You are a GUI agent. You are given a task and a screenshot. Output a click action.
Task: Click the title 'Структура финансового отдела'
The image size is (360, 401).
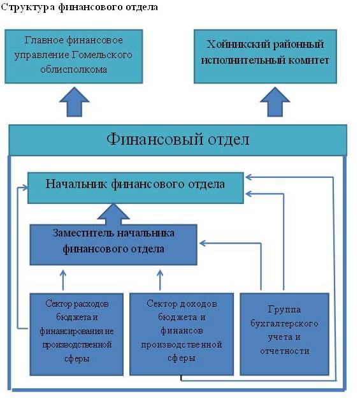coord(79,7)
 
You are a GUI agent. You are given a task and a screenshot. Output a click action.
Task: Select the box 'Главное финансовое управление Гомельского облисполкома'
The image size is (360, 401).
coord(74,57)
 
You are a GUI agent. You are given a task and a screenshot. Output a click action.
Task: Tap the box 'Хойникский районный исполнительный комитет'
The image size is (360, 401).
coord(265,57)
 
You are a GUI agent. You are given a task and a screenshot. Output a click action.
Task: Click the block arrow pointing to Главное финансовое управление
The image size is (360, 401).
coord(74,102)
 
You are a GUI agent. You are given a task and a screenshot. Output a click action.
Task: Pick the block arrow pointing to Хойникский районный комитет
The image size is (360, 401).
coord(275,102)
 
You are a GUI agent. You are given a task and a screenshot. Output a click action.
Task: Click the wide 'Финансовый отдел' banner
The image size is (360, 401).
coord(178,140)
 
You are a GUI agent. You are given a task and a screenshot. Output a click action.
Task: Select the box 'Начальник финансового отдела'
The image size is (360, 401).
coord(136,188)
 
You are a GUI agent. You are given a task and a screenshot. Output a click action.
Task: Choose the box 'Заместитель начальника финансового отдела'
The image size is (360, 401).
coord(113,245)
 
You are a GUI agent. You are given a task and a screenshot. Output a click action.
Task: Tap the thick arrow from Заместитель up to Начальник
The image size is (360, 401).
coord(113,214)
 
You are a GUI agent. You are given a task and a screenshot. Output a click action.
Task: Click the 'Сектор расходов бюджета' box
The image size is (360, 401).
coord(76,334)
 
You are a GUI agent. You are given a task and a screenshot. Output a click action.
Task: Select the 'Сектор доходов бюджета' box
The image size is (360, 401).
coord(182,334)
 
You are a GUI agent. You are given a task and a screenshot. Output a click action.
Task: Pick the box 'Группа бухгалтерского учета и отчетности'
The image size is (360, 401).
coord(284,334)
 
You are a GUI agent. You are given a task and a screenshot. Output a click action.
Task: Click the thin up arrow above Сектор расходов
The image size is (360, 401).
coord(63,280)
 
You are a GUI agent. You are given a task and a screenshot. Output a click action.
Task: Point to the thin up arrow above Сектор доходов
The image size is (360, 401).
coord(160,280)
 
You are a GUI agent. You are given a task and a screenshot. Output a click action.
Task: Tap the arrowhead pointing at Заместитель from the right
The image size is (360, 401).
coord(202,243)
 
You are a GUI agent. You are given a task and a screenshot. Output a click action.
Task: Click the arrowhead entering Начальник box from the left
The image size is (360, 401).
coord(25,187)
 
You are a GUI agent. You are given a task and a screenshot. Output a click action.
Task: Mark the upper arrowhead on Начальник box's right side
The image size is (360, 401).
coord(248,177)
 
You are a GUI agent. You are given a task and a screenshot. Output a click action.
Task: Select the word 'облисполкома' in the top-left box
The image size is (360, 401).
coord(74,69)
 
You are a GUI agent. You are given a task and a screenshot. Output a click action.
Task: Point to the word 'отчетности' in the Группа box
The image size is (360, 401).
coord(285,351)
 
